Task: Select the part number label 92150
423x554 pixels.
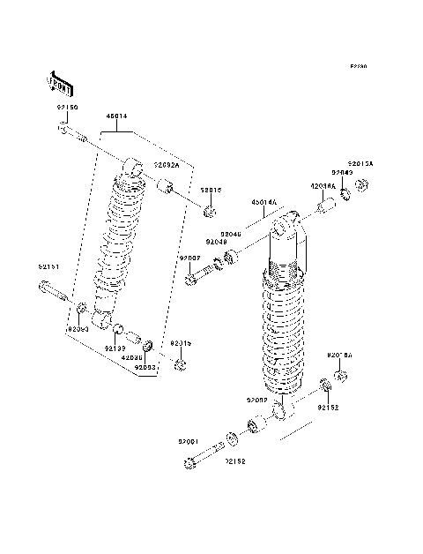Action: tap(68, 107)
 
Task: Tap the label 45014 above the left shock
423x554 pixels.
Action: tap(116, 116)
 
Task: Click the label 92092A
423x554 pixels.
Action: tap(167, 165)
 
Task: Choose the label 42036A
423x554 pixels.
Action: tap(322, 186)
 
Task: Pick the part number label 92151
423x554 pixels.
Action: tap(49, 266)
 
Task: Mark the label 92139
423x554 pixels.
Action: tap(115, 348)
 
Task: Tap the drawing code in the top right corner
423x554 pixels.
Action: tap(357, 67)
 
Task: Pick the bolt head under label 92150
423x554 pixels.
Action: tap(64, 129)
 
